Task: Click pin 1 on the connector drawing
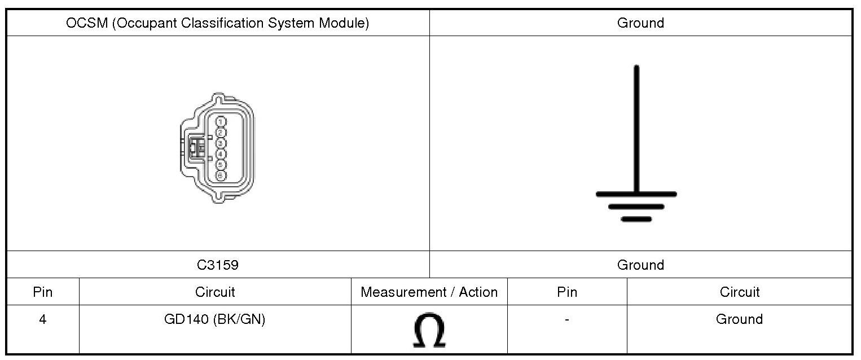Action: pos(221,121)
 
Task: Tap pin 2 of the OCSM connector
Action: pos(221,132)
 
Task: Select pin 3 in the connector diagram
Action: pos(221,143)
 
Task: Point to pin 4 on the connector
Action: pos(221,153)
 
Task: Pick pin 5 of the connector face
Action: pos(221,164)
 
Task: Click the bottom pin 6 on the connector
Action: pos(221,175)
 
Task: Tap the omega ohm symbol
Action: pos(429,330)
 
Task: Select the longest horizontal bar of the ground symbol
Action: pos(636,194)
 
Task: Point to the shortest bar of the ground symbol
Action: pos(636,218)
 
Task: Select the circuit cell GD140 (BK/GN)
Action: pos(214,319)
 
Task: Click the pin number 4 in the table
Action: pos(43,319)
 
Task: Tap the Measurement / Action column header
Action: pos(429,292)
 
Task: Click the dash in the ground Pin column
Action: pos(566,320)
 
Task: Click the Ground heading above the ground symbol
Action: pos(640,23)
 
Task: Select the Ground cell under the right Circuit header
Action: pos(739,319)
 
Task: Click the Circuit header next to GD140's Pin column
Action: pos(214,292)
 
